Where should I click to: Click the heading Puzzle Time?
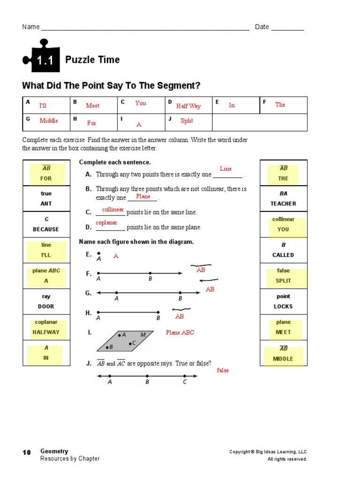pyautogui.click(x=92, y=60)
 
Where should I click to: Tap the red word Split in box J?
pyautogui.click(x=187, y=120)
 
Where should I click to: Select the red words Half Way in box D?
pyautogui.click(x=188, y=106)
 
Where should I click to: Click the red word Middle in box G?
pyautogui.click(x=49, y=120)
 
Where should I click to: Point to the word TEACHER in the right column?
pyautogui.click(x=283, y=203)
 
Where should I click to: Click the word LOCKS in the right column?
pyautogui.click(x=283, y=306)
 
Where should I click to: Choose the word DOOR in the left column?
pyautogui.click(x=46, y=306)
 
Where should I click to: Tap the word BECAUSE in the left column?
pyautogui.click(x=46, y=229)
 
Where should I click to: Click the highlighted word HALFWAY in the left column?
pyautogui.click(x=46, y=332)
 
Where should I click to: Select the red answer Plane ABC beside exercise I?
pyautogui.click(x=180, y=332)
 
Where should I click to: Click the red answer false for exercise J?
pyautogui.click(x=223, y=370)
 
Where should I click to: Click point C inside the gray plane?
pyautogui.click(x=131, y=343)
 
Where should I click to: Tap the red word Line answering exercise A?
pyautogui.click(x=226, y=169)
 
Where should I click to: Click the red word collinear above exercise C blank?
pyautogui.click(x=112, y=209)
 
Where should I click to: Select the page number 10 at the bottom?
pyautogui.click(x=27, y=452)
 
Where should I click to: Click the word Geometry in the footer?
pyautogui.click(x=54, y=451)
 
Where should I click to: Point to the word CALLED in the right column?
pyautogui.click(x=283, y=255)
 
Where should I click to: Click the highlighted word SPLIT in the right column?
pyautogui.click(x=283, y=281)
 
